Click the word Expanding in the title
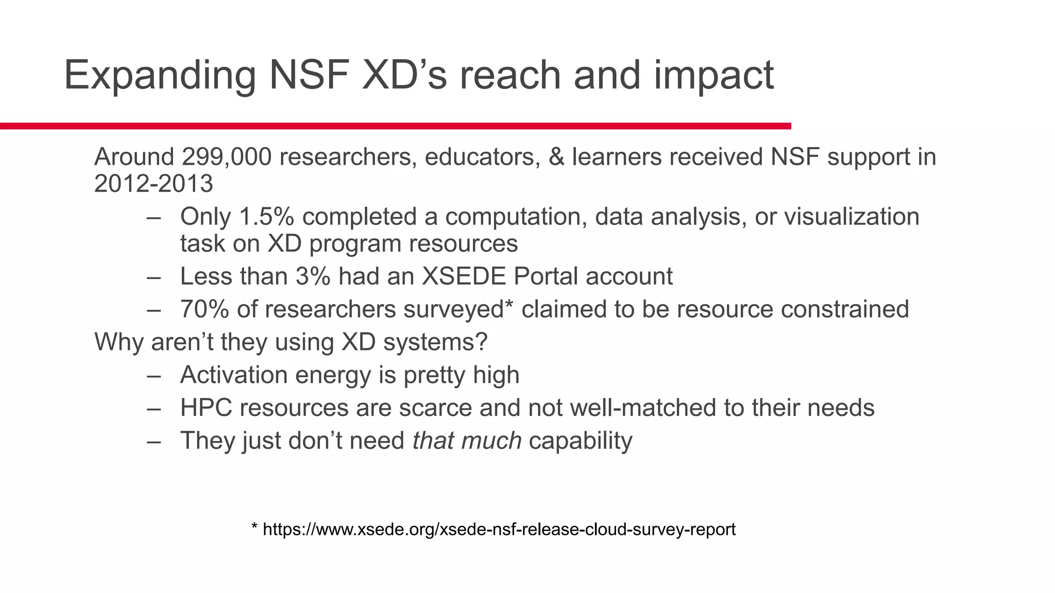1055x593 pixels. click(160, 76)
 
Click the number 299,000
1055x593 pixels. click(227, 156)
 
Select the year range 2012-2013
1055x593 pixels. click(154, 184)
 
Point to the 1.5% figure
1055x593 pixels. click(266, 217)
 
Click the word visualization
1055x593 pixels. click(852, 217)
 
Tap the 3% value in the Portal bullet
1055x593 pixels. click(313, 276)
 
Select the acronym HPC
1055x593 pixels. click(206, 408)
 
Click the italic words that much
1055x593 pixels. click(467, 441)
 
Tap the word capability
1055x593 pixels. click(580, 441)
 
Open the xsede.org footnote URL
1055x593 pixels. click(499, 529)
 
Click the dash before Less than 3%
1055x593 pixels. click(154, 277)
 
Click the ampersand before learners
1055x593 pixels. click(556, 156)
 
